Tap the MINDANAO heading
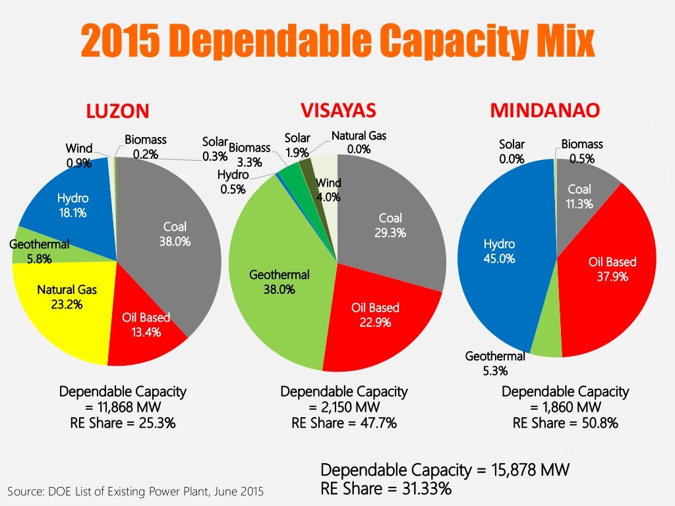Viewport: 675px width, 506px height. pyautogui.click(x=544, y=110)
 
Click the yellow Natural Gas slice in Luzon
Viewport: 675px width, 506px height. pyautogui.click(x=59, y=310)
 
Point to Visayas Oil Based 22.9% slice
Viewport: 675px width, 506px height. pyautogui.click(x=376, y=316)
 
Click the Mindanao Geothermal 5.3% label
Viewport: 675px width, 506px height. pyautogui.click(x=495, y=363)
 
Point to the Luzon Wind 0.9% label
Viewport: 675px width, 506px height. pyautogui.click(x=79, y=155)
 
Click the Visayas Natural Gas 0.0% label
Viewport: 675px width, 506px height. pyautogui.click(x=359, y=142)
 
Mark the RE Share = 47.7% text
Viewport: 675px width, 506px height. pyautogui.click(x=344, y=423)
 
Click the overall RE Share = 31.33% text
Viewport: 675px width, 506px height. pyautogui.click(x=386, y=488)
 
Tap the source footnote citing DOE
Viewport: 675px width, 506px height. pyautogui.click(x=135, y=491)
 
